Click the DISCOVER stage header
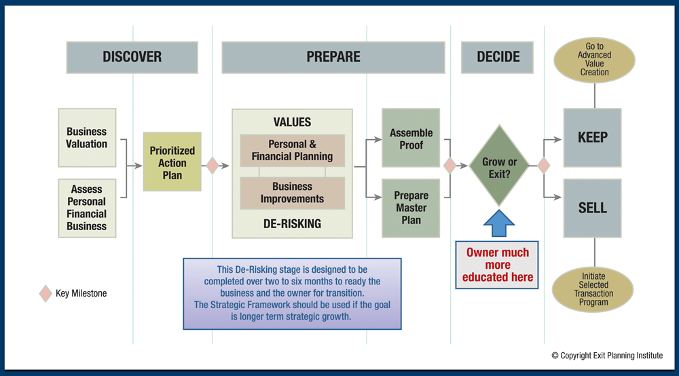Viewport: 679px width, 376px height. click(132, 57)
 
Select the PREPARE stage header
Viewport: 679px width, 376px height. click(333, 57)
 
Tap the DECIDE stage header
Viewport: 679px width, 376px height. click(498, 57)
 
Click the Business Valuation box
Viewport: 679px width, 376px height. click(87, 138)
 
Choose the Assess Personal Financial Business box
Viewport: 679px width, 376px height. click(87, 208)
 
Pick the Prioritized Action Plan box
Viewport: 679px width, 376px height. click(172, 162)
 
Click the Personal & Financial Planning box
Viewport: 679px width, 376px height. click(292, 151)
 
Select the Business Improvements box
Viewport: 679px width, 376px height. click(292, 193)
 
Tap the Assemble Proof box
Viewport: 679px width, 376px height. click(411, 138)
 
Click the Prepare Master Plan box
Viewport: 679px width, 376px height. click(411, 208)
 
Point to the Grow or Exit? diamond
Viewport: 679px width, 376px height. click(499, 166)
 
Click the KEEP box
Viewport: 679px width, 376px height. click(592, 138)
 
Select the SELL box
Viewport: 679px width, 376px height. click(592, 208)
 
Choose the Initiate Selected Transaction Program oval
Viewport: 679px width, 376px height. click(594, 289)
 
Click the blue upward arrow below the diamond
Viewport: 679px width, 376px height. click(499, 223)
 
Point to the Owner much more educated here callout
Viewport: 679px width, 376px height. click(497, 265)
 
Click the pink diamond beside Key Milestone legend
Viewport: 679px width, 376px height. click(45, 293)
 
